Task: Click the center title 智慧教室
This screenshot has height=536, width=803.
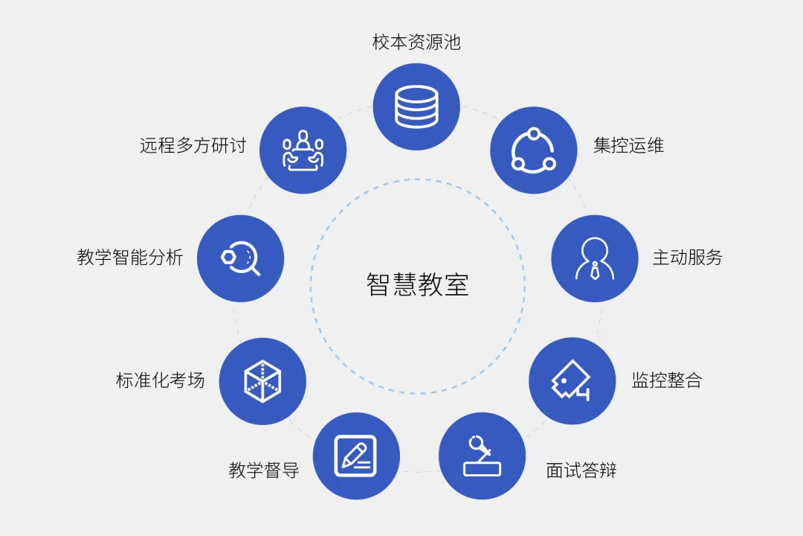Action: [x=417, y=284]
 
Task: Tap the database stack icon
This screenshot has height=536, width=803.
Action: [x=416, y=106]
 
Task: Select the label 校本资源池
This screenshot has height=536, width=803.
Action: [x=416, y=42]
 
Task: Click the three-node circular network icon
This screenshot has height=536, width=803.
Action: [x=534, y=150]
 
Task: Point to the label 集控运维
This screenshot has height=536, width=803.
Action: [x=628, y=145]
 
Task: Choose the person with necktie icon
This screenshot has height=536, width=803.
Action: [x=595, y=258]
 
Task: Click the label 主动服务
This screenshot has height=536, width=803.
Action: [x=687, y=258]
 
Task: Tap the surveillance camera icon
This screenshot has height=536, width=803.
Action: [x=571, y=380]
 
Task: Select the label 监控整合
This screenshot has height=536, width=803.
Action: [x=667, y=380]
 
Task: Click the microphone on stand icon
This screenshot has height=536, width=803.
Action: [x=482, y=456]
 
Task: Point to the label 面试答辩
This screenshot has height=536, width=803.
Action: [x=581, y=470]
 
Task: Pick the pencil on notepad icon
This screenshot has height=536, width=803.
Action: [x=355, y=456]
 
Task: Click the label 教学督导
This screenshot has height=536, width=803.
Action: [x=264, y=470]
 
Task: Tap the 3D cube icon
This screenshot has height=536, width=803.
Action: [x=262, y=381]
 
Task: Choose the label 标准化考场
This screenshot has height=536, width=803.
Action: [x=161, y=380]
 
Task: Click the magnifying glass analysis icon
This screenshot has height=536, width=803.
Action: [x=241, y=258]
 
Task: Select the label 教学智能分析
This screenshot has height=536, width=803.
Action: [x=130, y=257]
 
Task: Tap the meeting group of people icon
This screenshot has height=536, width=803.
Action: [x=303, y=150]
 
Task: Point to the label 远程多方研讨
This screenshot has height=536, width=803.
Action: [x=193, y=145]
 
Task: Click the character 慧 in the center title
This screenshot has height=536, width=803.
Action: [x=404, y=284]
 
